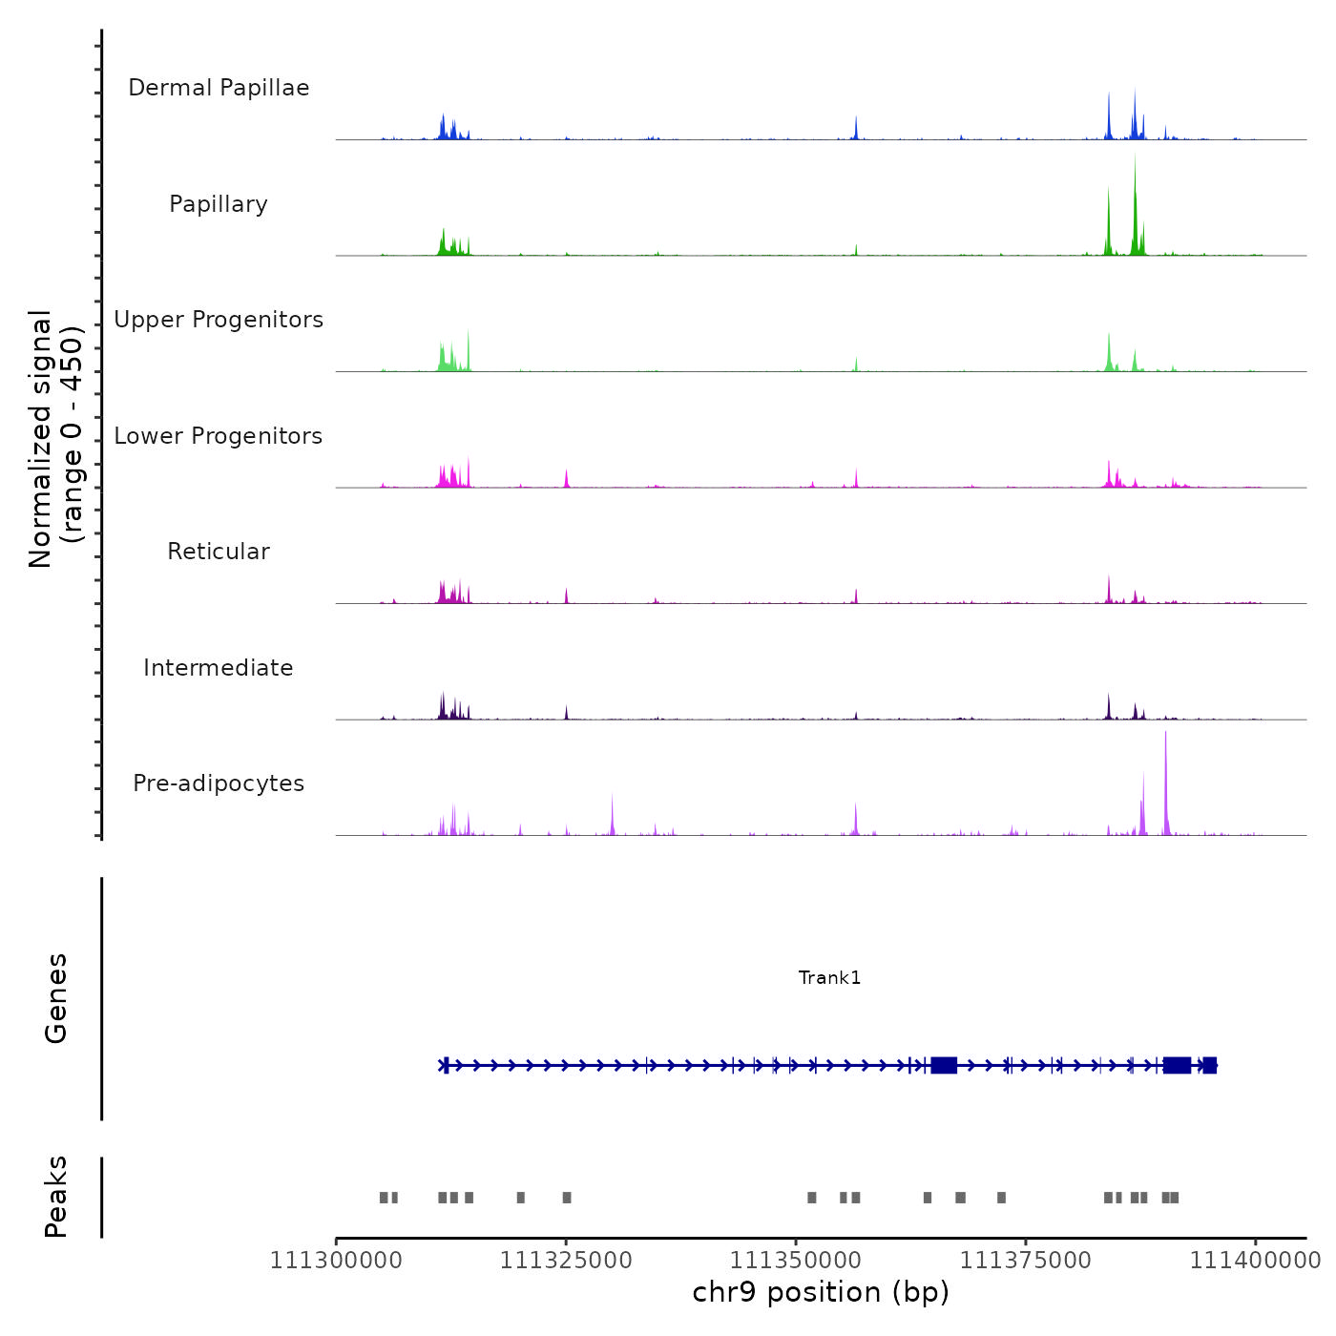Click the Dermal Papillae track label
[219, 88]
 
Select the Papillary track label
[219, 204]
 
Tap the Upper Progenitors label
[219, 320]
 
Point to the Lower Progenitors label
[219, 436]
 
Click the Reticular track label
[219, 552]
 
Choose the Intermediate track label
[219, 668]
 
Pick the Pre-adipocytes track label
[219, 783]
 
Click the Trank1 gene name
[829, 977]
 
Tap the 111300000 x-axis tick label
[336, 1261]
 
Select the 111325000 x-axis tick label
[566, 1261]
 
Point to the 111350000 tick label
[796, 1261]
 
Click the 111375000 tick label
[1026, 1261]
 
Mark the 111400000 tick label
[1255, 1261]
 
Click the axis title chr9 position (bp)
[821, 1292]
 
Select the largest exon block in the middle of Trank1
[944, 1065]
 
